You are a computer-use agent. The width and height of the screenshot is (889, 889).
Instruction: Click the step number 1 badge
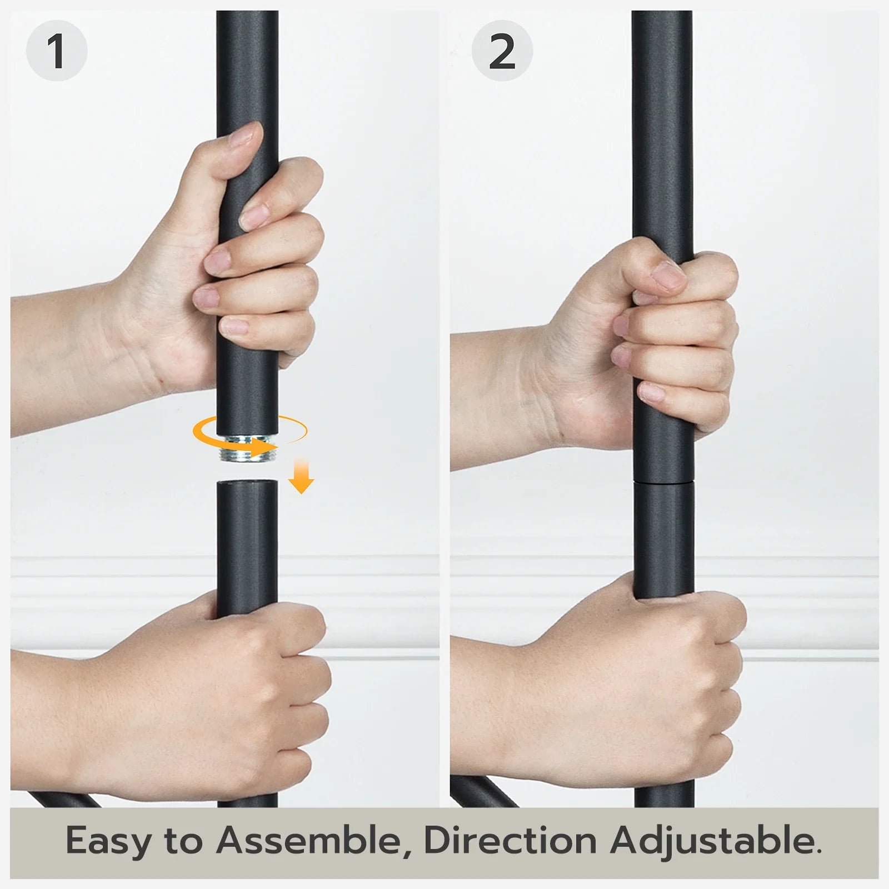coord(57,51)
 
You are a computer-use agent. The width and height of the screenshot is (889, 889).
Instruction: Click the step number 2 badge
coord(502,51)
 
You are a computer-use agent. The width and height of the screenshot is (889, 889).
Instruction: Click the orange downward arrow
coord(301,476)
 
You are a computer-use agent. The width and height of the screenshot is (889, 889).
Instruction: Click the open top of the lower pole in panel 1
coord(247,483)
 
